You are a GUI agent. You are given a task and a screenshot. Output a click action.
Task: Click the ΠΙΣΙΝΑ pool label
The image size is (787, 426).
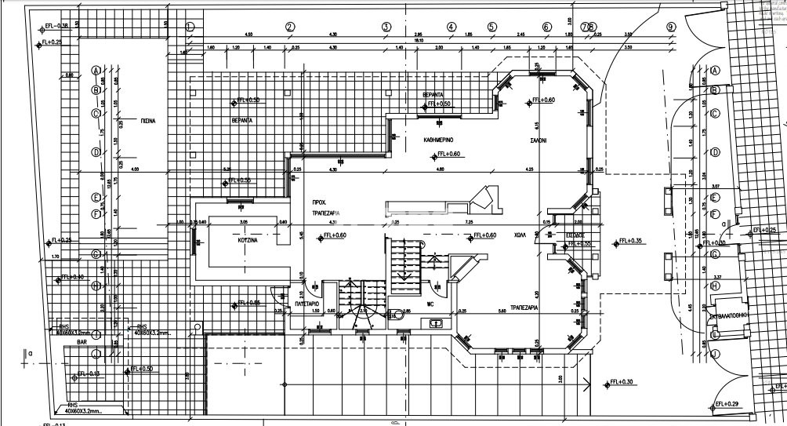coord(148,122)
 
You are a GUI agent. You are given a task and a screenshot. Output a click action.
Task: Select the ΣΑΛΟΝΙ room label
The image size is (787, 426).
coord(537,141)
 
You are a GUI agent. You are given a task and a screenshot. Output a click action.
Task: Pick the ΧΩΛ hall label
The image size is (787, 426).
coord(520,234)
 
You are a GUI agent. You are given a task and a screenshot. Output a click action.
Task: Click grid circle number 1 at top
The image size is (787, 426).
coord(189,26)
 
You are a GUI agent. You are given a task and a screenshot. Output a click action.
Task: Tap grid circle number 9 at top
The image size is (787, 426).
coord(671,26)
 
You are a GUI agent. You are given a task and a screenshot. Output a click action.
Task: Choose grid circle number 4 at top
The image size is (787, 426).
coord(452,26)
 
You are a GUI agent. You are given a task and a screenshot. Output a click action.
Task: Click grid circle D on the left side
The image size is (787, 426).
coord(96,151)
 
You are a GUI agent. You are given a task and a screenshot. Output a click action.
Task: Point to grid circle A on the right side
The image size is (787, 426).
coord(715,70)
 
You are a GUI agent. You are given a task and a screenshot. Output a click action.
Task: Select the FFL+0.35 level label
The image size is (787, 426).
coord(629,241)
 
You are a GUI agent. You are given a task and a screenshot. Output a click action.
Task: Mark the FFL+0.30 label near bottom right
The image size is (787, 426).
coord(622,382)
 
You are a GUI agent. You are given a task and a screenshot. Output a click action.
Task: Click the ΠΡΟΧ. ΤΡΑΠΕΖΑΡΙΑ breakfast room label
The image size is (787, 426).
coord(324,206)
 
